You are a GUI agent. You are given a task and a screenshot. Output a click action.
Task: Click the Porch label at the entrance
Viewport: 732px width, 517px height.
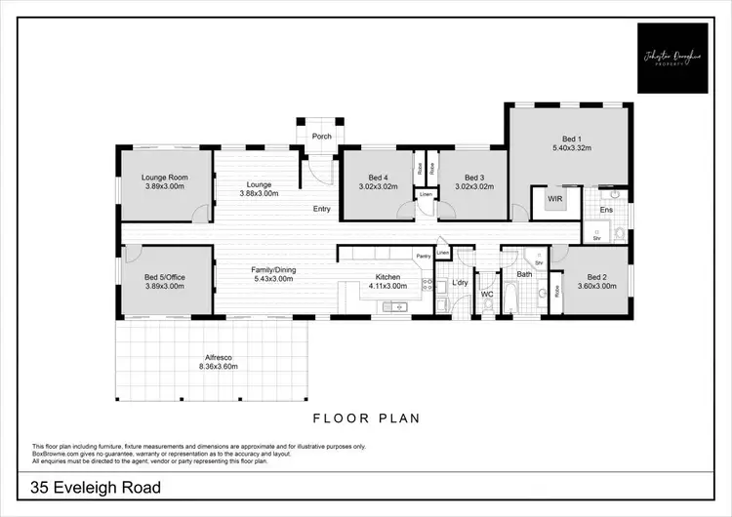[x=321, y=138]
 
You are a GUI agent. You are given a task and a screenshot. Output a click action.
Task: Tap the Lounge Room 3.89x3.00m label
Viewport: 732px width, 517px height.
[x=164, y=181]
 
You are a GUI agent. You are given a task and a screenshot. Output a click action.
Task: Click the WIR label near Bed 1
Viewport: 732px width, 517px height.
[x=554, y=199]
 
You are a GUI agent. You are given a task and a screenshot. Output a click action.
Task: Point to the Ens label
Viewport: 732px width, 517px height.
[x=606, y=210]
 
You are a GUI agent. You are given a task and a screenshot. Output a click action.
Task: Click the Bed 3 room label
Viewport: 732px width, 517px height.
[x=474, y=178]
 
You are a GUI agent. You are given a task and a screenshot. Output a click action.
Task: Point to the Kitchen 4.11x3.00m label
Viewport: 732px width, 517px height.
[x=387, y=282]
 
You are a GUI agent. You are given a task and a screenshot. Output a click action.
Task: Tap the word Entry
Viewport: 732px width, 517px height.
[x=322, y=209]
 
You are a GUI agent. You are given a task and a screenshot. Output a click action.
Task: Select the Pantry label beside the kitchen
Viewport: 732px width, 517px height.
[x=423, y=256]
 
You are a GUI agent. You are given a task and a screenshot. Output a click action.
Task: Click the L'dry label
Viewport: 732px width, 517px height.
[x=461, y=283]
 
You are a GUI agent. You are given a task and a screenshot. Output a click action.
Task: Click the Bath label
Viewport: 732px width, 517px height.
[x=524, y=274]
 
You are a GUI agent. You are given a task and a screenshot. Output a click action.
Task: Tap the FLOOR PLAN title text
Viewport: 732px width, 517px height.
[x=366, y=418]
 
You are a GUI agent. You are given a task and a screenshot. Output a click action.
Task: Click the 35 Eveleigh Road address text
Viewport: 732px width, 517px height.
[x=95, y=487]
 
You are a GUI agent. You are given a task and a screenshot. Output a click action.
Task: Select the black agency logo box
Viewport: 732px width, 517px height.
[x=672, y=58]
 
